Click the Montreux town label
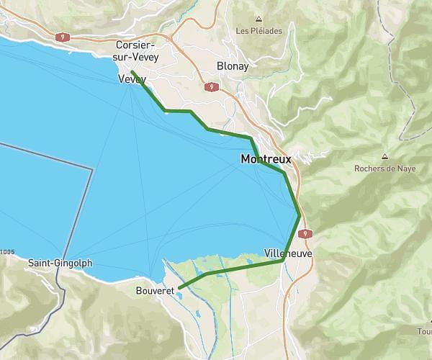coord(266,158)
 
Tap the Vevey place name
coord(132,79)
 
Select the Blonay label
coord(233,66)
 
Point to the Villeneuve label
coord(287,254)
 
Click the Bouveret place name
coord(155,291)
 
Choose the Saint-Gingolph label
coord(60,264)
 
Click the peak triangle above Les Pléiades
coord(258,19)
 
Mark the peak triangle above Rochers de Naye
coord(384,156)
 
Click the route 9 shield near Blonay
coord(211,87)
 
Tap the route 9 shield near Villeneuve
coord(306,233)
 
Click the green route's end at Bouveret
coord(180,288)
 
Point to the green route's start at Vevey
coord(132,72)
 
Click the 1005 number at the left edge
coord(7,251)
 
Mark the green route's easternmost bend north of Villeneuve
coord(300,215)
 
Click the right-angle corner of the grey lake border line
coord(93,168)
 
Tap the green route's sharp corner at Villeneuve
coord(282,261)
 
